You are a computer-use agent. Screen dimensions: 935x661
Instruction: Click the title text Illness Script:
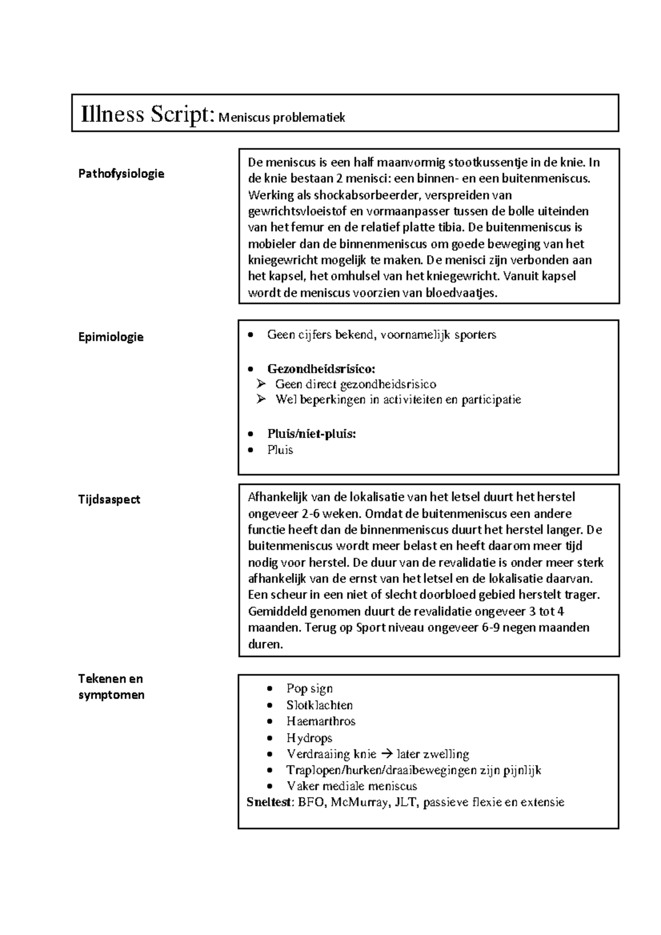(147, 115)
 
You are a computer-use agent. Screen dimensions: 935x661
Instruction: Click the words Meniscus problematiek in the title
(281, 117)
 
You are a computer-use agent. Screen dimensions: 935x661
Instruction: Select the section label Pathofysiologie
(121, 174)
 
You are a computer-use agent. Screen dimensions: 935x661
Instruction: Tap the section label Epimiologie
(111, 337)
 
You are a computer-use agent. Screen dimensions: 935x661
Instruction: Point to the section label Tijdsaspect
(109, 500)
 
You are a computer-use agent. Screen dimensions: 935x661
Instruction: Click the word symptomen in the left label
(111, 695)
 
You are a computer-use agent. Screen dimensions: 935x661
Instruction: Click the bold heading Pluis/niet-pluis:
(312, 434)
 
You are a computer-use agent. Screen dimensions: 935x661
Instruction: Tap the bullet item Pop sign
(309, 688)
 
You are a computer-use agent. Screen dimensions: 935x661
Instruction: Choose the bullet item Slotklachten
(319, 705)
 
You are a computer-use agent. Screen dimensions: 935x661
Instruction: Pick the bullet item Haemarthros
(321, 721)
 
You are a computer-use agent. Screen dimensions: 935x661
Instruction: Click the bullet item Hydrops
(309, 738)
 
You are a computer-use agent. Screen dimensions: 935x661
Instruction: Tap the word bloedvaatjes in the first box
(461, 293)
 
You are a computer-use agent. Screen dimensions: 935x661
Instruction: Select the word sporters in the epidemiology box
(475, 334)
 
